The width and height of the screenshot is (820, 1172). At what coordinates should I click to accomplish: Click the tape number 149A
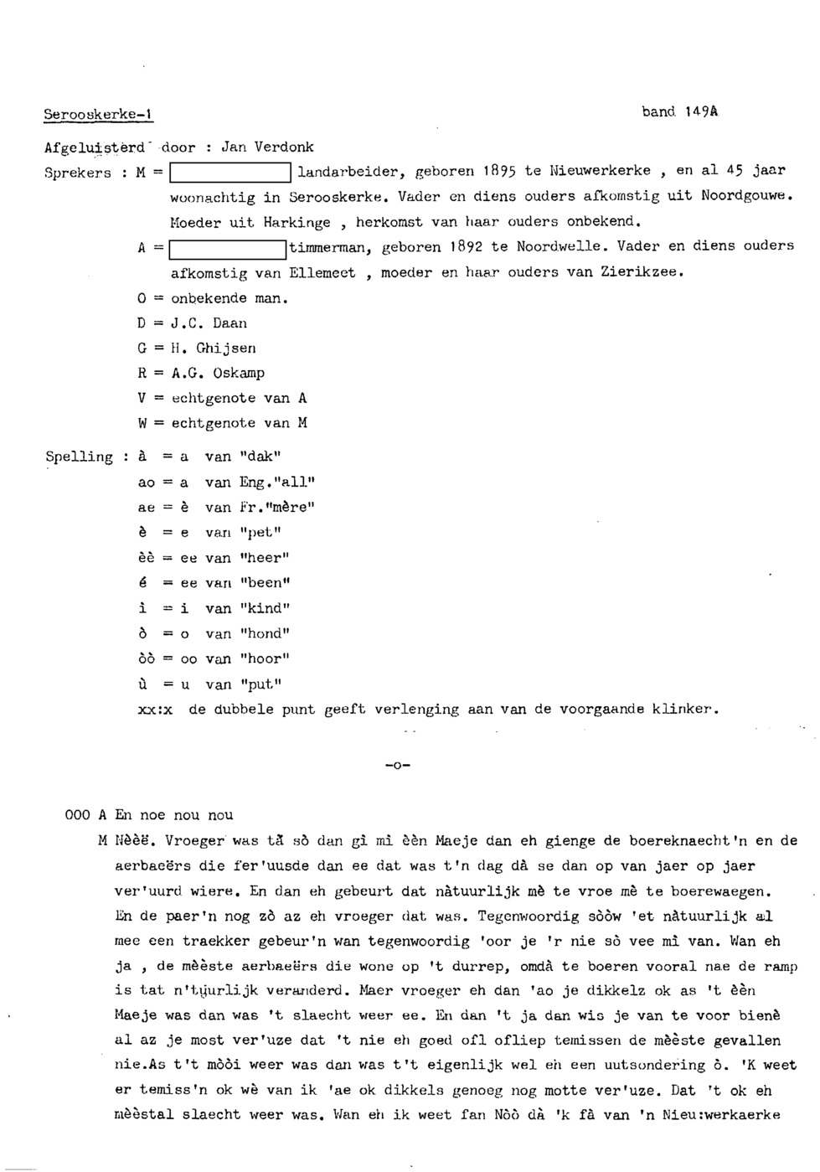click(701, 111)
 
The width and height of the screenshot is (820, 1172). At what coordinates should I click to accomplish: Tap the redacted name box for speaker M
click(230, 173)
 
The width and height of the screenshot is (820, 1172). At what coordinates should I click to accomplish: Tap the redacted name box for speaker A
click(228, 248)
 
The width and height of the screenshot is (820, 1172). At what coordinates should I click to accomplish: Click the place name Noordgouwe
click(746, 196)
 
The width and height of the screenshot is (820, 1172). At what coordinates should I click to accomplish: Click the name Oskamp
click(239, 373)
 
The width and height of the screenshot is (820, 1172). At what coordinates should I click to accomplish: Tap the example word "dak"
click(260, 457)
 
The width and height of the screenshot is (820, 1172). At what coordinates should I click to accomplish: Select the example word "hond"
click(265, 633)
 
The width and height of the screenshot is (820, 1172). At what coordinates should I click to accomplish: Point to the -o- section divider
click(399, 765)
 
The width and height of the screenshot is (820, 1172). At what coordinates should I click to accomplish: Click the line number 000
click(77, 814)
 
